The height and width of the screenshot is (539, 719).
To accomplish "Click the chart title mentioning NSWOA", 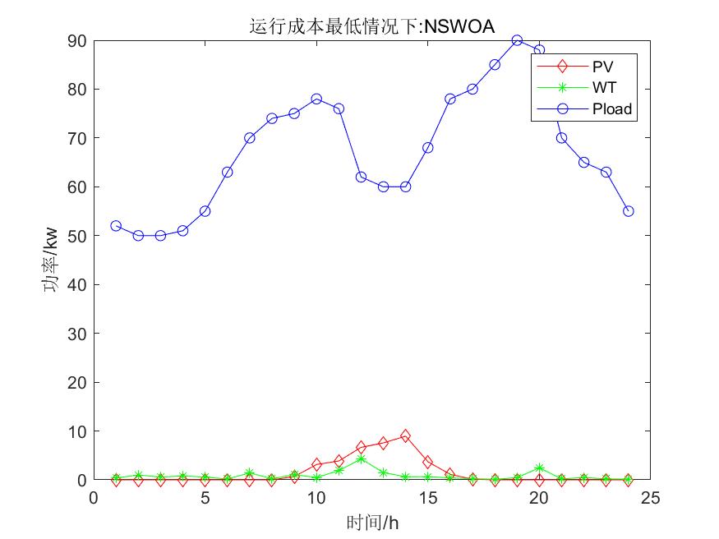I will click(x=371, y=26).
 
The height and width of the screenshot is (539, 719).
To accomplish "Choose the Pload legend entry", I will click(x=612, y=108).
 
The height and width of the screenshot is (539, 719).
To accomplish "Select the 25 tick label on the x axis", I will click(x=650, y=498).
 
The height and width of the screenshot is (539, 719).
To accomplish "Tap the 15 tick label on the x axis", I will click(x=427, y=498).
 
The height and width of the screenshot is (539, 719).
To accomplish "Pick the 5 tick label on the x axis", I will click(x=205, y=498).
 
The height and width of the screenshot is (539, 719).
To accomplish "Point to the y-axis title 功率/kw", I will click(x=50, y=260).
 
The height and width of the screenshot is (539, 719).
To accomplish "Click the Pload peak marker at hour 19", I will click(x=517, y=40).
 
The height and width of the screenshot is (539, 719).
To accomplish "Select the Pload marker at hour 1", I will click(x=116, y=226).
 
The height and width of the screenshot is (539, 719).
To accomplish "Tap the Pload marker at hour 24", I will click(x=629, y=211).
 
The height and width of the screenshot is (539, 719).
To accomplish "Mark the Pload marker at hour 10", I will click(x=316, y=99).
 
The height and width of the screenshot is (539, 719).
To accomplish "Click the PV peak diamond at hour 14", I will click(x=405, y=436).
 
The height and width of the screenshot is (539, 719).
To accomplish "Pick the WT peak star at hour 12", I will click(x=361, y=459).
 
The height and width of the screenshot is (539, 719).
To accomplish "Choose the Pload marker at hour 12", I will click(x=361, y=177).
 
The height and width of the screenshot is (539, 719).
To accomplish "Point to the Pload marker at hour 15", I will click(x=427, y=148).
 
